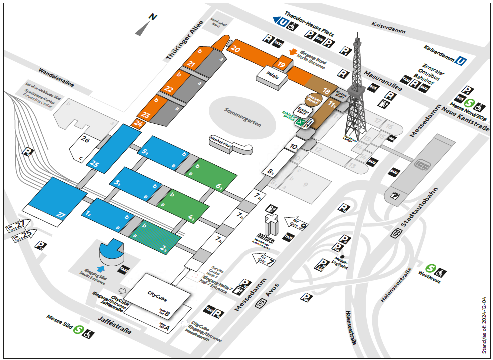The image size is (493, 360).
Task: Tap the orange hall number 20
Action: point(236,49)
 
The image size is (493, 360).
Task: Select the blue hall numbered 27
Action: point(61,215)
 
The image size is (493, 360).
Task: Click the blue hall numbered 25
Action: point(95,163)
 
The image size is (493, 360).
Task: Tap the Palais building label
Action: point(272,77)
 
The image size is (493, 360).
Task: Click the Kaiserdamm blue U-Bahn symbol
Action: point(461,61)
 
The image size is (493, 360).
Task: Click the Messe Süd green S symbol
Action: point(78,330)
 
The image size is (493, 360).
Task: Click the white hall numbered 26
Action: point(85,140)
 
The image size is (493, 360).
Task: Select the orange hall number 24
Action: point(138,123)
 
